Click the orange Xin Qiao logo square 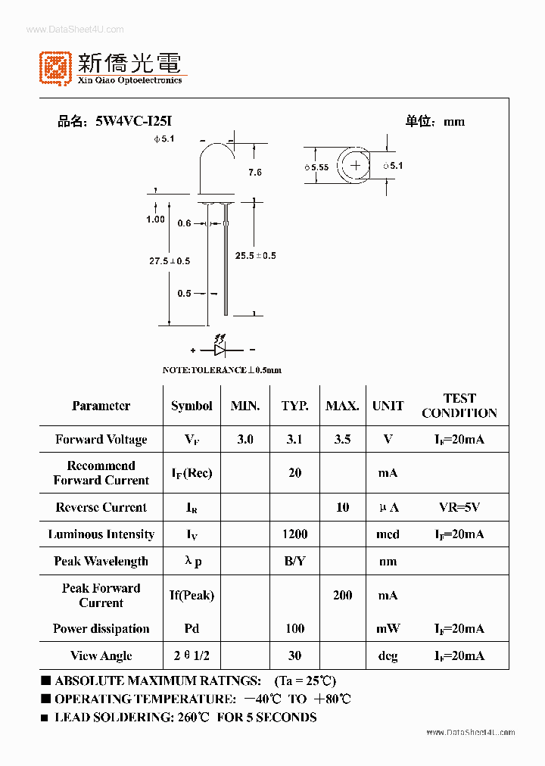(x=55, y=67)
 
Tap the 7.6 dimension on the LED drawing (x=254, y=173)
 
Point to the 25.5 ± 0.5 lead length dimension (x=255, y=256)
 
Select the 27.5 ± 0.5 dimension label (x=169, y=261)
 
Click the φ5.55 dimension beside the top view (x=316, y=167)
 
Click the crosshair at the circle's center (x=356, y=165)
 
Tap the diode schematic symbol (x=220, y=350)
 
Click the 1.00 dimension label (x=155, y=220)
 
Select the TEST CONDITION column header (x=459, y=406)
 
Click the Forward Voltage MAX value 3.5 (x=342, y=439)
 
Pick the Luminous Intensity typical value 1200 (x=294, y=534)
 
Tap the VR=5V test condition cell (x=459, y=507)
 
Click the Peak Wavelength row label (x=101, y=561)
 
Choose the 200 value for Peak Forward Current (x=342, y=596)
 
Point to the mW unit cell (x=388, y=628)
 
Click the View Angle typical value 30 (x=294, y=655)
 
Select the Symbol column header (x=192, y=406)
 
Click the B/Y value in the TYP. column (x=294, y=561)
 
